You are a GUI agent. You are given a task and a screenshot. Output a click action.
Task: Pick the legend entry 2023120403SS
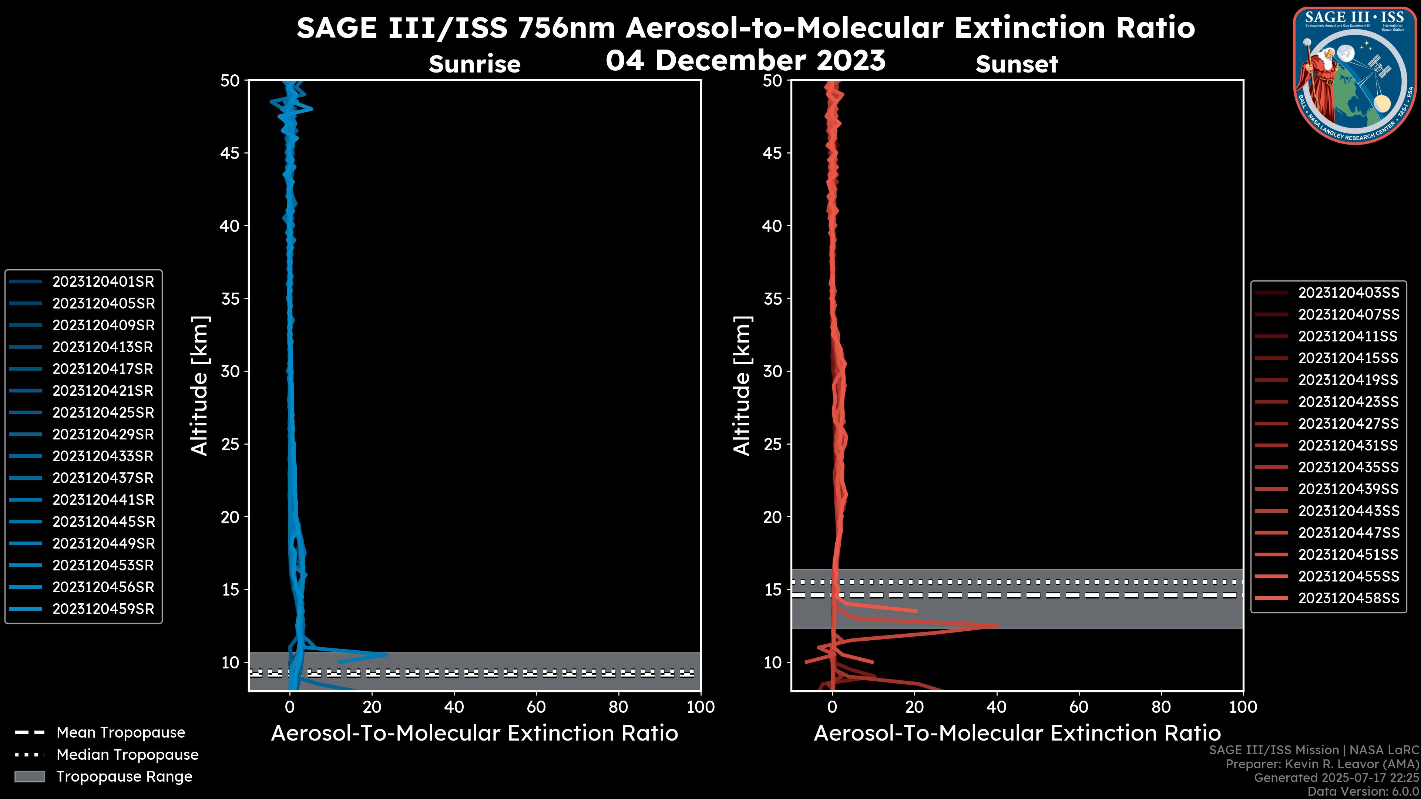(x=1348, y=293)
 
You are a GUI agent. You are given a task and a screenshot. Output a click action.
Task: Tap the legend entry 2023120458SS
(x=1348, y=598)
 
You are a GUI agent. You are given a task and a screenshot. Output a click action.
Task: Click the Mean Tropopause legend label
(x=121, y=733)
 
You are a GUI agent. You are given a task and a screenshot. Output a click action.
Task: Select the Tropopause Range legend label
(x=124, y=776)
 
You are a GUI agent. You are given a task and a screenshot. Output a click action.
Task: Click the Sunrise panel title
(x=474, y=64)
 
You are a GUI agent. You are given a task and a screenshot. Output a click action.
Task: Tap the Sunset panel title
(x=1017, y=64)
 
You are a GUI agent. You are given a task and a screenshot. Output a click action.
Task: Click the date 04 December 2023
(x=745, y=60)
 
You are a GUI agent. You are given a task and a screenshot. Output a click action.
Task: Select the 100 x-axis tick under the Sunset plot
(x=1243, y=707)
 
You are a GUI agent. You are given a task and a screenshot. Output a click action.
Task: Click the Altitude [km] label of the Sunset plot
(x=742, y=385)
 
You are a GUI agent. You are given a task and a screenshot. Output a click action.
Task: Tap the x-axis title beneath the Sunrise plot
(x=474, y=734)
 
